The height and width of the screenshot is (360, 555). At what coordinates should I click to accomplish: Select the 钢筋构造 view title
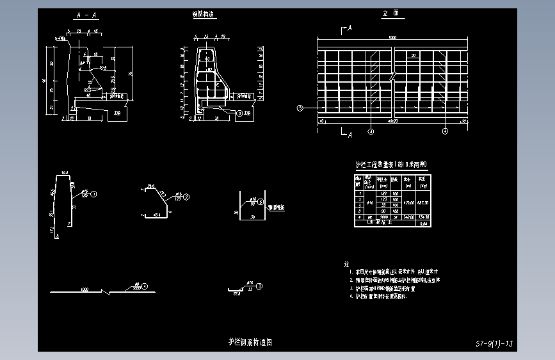coord(203,14)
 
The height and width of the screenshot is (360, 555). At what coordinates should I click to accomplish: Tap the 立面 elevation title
coord(389,13)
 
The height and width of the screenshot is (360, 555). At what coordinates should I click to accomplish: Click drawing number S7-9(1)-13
coord(494,344)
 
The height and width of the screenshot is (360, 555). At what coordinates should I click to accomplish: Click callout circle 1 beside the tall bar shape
coord(93,193)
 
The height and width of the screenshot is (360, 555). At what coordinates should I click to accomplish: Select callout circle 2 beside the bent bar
coord(186,197)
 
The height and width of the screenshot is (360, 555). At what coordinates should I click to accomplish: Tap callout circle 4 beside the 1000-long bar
coord(145,286)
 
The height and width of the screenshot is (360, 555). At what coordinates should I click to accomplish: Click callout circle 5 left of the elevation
coord(299,108)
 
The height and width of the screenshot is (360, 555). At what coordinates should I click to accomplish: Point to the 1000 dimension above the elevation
coord(392,38)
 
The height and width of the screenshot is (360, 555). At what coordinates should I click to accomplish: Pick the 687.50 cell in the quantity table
coord(423,202)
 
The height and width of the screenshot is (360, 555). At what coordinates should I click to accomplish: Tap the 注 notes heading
coord(346,264)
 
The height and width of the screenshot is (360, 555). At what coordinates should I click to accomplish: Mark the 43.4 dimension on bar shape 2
coord(156,215)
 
